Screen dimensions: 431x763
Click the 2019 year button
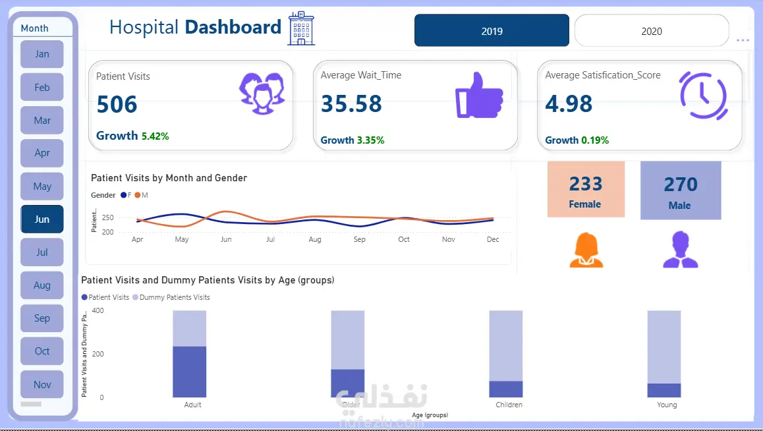coord(492,31)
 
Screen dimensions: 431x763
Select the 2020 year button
coord(651,31)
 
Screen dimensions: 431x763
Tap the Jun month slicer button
coord(42,219)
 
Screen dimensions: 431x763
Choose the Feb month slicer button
coord(42,87)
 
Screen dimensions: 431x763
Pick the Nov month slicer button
coord(42,384)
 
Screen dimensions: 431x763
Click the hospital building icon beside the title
coord(301,28)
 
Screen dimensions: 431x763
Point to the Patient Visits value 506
coord(117,104)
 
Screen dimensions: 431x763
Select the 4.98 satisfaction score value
coord(569,104)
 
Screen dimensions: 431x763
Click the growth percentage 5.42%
coord(155,136)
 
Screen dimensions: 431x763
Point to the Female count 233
coord(586,184)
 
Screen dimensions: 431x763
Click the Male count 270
coord(681,185)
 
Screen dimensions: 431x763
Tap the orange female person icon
coord(586,250)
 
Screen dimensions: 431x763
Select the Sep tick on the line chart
coord(359,239)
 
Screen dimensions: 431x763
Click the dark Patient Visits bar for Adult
coord(190,372)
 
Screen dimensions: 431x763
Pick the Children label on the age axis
coord(509,405)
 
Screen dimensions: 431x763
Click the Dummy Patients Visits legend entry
coord(171,297)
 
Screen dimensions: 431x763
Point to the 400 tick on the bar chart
coord(98,310)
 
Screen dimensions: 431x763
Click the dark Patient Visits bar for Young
coord(664,390)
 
